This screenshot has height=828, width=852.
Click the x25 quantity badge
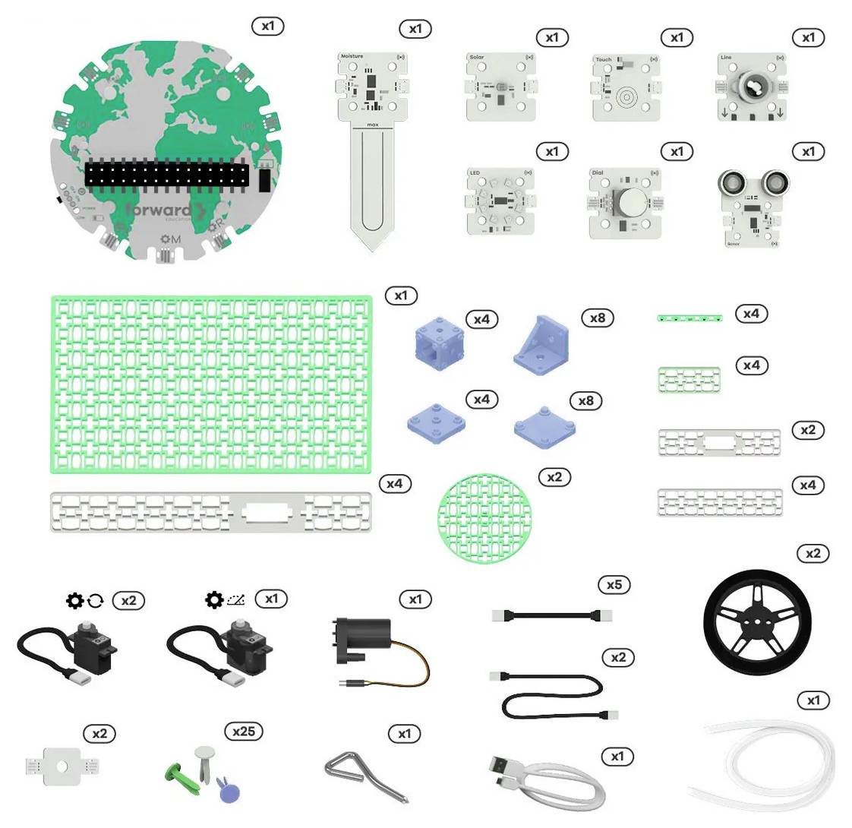point(244,731)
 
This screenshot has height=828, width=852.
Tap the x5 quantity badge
point(614,584)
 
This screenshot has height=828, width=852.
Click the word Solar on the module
point(477,58)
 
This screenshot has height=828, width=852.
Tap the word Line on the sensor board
point(727,58)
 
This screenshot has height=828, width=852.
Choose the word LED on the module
point(475,173)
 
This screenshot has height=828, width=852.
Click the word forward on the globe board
point(159,210)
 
